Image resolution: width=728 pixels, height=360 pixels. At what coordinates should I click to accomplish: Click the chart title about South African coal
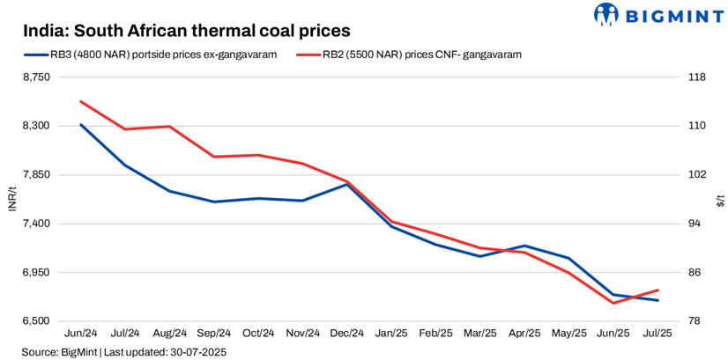pyautogui.click(x=187, y=31)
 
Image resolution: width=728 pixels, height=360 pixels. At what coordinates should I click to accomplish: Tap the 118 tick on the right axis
pyautogui.click(x=696, y=77)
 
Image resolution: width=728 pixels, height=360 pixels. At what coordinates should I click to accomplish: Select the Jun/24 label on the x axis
pyautogui.click(x=81, y=334)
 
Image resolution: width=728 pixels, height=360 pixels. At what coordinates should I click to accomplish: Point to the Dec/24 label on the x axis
pyautogui.click(x=347, y=334)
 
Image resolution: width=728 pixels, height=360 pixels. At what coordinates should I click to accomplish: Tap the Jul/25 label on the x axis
pyautogui.click(x=657, y=334)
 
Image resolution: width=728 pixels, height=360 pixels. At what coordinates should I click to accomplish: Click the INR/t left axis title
pyautogui.click(x=11, y=199)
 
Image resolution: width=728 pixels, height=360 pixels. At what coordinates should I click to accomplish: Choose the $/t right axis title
pyautogui.click(x=719, y=200)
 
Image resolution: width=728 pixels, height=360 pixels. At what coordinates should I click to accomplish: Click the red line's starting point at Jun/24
pyautogui.click(x=81, y=101)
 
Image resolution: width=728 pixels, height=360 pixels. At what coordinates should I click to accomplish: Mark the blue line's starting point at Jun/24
pyautogui.click(x=81, y=124)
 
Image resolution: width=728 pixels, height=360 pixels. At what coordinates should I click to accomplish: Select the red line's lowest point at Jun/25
pyautogui.click(x=613, y=303)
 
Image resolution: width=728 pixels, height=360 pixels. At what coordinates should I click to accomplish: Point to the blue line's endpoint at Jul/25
pyautogui.click(x=657, y=300)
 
